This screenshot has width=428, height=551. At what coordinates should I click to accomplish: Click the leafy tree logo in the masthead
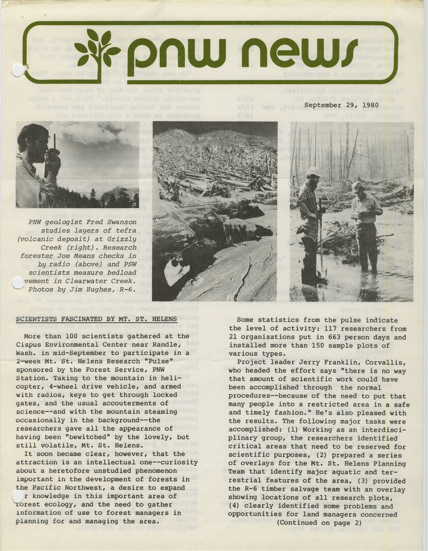tap(98, 48)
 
